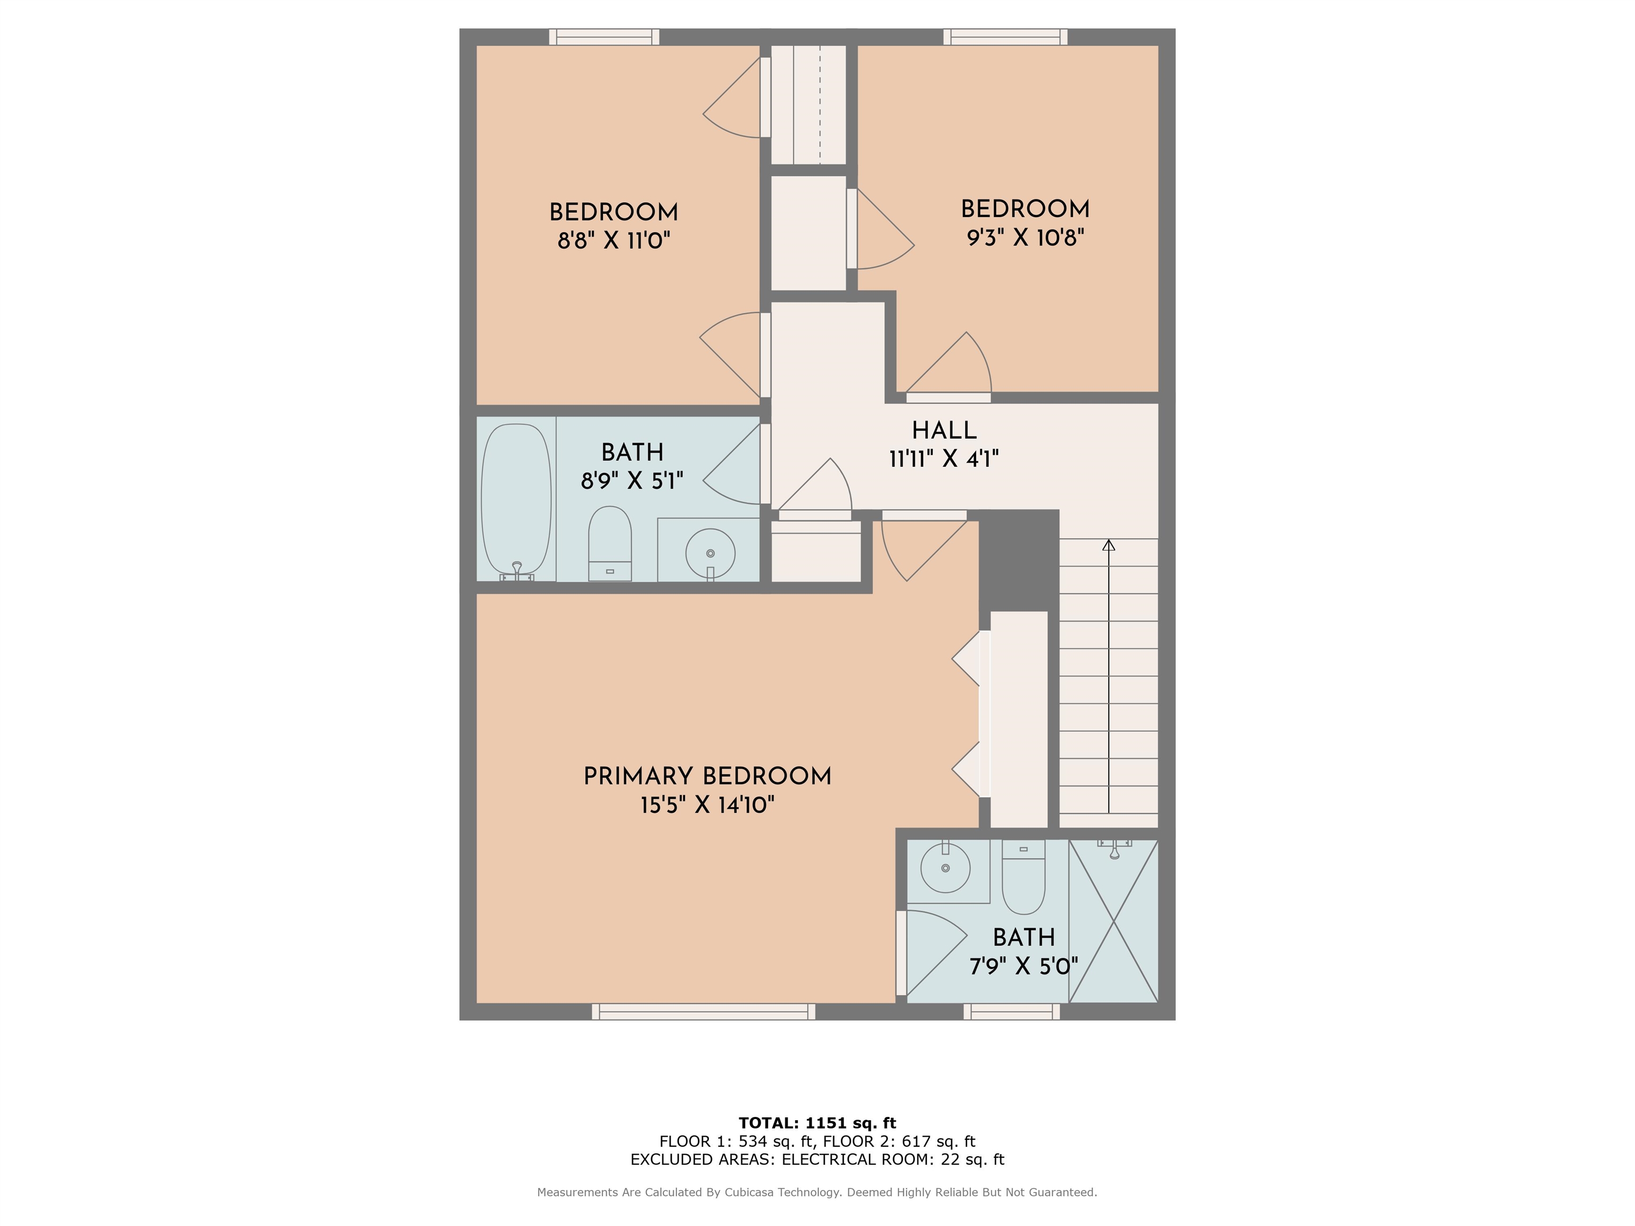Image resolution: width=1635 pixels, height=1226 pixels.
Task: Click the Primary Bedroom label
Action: coord(707,777)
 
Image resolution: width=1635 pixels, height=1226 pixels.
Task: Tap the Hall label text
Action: coord(944,430)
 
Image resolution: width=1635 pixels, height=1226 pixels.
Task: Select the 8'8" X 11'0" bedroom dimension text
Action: coord(614,241)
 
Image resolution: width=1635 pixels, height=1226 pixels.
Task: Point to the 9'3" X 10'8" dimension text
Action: coord(1025,238)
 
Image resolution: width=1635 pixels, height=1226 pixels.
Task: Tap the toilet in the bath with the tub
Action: coord(610,544)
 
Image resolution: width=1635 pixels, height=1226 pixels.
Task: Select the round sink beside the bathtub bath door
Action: coord(711,553)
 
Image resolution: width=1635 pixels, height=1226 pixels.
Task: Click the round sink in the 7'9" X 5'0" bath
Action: coord(945,867)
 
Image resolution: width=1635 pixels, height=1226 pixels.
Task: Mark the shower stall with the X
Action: coord(1113,922)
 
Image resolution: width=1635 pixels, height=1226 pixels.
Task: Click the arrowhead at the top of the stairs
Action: coord(1109,545)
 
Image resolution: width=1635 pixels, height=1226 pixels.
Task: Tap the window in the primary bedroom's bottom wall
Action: coord(704,1012)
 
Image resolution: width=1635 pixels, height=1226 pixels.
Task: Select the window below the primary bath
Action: coord(1012,1012)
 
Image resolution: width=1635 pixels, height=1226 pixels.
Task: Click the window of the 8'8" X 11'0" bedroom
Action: coord(604,37)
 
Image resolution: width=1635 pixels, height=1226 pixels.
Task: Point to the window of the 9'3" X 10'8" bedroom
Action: coord(1005,37)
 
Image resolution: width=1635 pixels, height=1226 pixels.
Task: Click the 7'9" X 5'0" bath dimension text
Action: coord(1023,966)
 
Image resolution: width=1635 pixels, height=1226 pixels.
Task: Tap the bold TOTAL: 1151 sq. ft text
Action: coord(817,1123)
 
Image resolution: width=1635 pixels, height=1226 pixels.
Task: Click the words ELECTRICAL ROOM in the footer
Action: coord(857,1159)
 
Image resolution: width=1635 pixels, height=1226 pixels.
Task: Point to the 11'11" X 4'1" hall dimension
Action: coord(944,459)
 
